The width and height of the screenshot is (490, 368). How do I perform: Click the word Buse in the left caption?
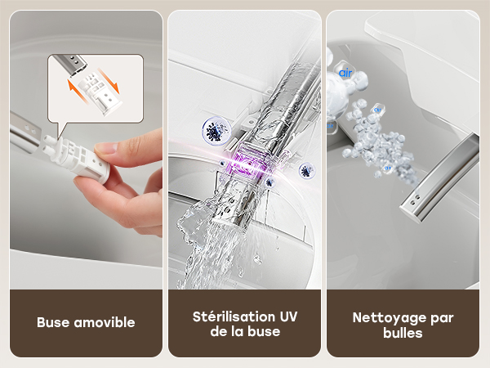point(52,322)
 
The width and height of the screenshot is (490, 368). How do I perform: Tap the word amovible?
point(105,322)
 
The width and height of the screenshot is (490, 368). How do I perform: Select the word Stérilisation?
point(234,316)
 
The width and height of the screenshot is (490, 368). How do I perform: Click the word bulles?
point(403,333)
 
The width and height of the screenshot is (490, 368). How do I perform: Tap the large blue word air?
point(345,73)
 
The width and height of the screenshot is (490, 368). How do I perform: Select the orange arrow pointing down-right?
point(109,81)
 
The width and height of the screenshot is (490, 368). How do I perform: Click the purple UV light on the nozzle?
point(248,163)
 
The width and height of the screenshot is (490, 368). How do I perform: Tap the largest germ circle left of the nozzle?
point(216,131)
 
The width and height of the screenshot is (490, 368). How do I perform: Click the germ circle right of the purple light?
point(306,171)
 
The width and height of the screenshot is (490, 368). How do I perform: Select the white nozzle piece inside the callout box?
point(100,93)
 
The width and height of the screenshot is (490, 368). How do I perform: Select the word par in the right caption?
point(442,319)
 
